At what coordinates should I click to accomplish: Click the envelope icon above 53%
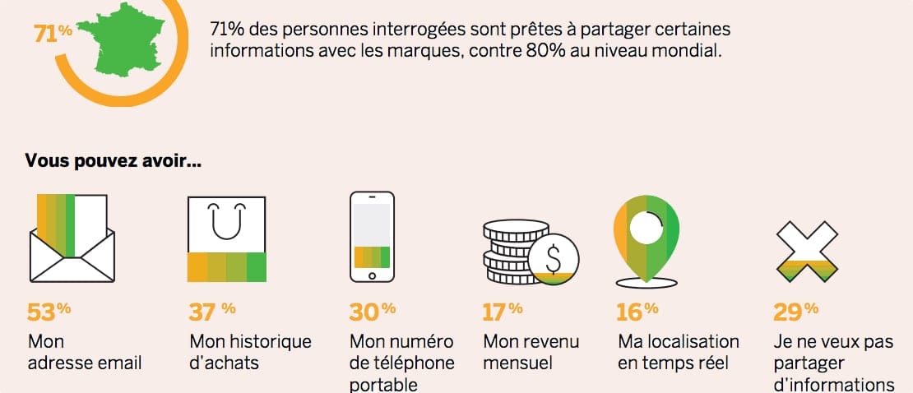[72, 240]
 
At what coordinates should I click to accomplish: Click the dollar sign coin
[553, 258]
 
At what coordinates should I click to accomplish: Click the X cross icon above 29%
[806, 252]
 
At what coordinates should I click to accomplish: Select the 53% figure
[49, 312]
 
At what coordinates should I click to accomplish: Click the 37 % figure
[212, 312]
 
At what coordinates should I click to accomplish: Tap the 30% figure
[372, 312]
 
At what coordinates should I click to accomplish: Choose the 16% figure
[637, 312]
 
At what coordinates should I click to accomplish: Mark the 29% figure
[795, 312]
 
